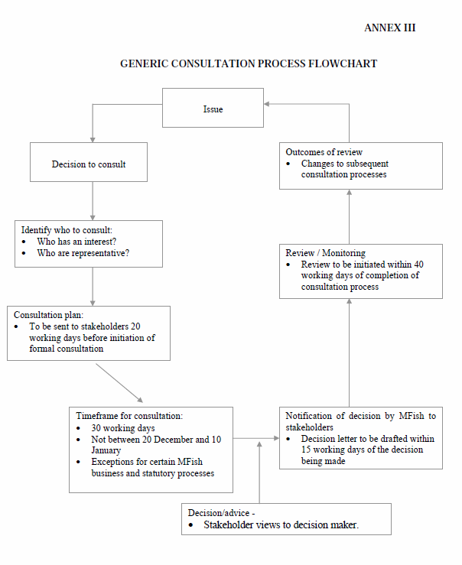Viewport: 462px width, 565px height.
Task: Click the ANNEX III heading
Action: pos(390,28)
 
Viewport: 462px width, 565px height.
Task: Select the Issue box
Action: pos(213,108)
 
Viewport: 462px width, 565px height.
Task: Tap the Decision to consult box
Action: pos(89,162)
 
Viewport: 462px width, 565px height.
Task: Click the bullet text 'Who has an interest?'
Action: pos(76,242)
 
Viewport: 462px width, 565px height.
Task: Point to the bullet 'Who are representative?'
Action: pos(83,253)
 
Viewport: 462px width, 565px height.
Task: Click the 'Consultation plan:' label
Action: pos(49,315)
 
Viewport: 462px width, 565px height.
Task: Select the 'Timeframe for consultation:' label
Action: pos(129,416)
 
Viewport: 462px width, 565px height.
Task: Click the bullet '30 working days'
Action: pos(123,428)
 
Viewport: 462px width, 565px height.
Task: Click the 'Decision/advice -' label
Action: pos(221,513)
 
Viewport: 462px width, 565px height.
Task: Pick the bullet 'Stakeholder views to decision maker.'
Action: pos(281,524)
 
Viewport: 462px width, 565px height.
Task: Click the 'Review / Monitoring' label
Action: pos(325,253)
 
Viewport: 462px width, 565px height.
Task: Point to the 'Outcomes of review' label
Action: pos(324,152)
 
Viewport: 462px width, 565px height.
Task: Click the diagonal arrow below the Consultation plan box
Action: pos(119,383)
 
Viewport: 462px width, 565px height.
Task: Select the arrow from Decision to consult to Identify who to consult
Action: pos(93,201)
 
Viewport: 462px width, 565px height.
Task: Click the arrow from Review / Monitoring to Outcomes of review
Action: pos(350,217)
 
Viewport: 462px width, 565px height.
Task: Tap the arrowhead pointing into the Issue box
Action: pos(267,104)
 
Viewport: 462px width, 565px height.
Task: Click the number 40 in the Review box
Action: pos(418,265)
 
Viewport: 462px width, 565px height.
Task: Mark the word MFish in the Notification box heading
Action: pos(412,416)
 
